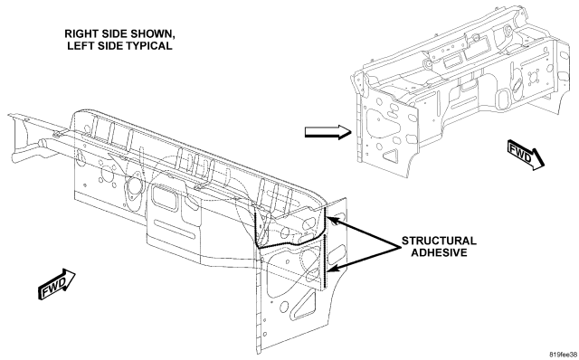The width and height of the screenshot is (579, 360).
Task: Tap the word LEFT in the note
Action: (x=80, y=46)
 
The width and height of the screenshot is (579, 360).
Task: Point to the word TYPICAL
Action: (x=149, y=46)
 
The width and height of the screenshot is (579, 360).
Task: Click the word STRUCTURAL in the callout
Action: (x=439, y=241)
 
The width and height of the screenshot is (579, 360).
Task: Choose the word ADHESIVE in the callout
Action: (x=439, y=252)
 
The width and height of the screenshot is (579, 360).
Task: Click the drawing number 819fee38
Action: (x=564, y=355)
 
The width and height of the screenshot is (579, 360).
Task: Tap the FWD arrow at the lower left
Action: (x=56, y=284)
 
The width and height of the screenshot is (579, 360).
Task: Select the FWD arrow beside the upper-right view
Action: (x=526, y=155)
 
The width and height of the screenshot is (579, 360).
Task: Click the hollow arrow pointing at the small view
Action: (x=327, y=132)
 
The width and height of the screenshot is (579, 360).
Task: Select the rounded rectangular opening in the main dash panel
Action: (x=165, y=199)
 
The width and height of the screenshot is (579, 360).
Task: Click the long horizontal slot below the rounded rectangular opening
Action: (x=175, y=229)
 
